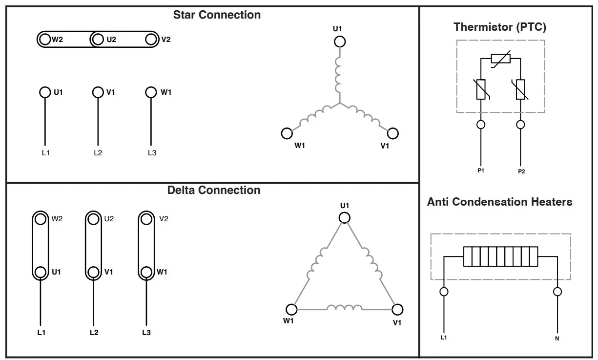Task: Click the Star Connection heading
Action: [217, 15]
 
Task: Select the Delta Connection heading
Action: [214, 190]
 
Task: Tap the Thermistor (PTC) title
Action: [499, 27]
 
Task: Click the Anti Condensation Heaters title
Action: [499, 202]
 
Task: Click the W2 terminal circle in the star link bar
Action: [45, 40]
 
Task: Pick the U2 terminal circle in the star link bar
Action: [98, 40]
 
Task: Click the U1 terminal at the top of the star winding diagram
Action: [340, 42]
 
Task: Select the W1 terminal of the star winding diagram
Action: [287, 133]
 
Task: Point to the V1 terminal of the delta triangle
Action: [397, 309]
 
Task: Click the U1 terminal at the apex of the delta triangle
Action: [345, 217]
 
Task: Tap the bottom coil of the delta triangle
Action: [344, 308]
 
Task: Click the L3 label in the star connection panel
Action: [152, 153]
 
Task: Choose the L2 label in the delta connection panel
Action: [94, 333]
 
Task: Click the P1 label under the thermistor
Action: [481, 170]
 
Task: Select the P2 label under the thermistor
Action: [521, 171]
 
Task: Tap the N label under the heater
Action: [557, 338]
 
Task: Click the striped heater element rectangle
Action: [500, 256]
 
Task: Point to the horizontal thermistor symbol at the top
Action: [500, 59]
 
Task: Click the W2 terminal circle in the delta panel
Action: [41, 219]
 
